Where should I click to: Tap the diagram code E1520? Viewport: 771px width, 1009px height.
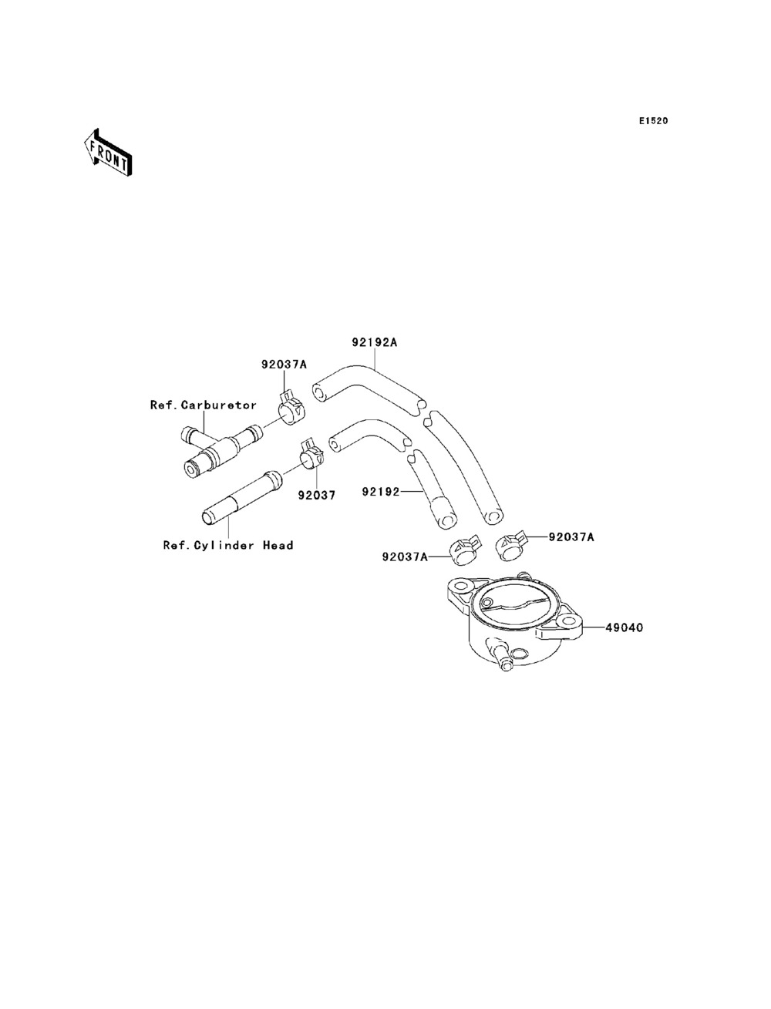click(x=652, y=121)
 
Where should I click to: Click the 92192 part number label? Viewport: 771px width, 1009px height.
click(x=381, y=490)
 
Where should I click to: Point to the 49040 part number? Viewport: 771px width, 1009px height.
click(x=625, y=627)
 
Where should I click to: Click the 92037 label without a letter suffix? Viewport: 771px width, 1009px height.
click(x=317, y=496)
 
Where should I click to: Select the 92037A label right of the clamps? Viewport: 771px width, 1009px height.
click(x=571, y=536)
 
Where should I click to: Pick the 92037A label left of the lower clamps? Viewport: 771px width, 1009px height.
click(x=405, y=555)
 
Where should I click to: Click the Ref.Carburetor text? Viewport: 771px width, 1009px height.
click(x=203, y=405)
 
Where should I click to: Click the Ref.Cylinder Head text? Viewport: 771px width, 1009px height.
click(x=228, y=545)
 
